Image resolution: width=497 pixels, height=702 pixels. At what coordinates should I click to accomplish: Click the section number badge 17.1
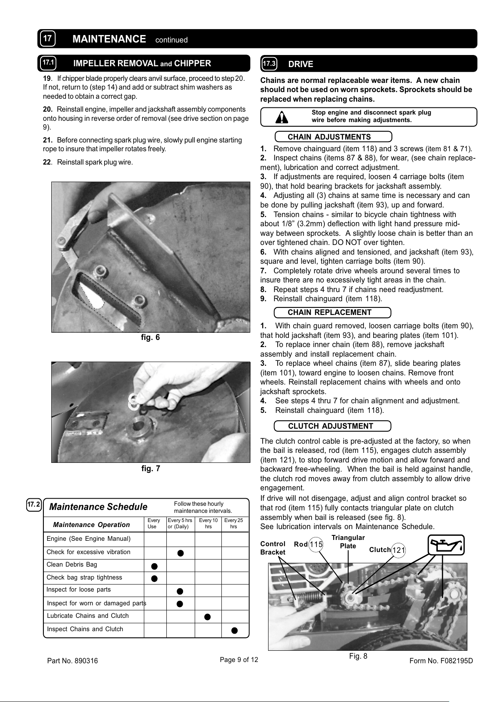[x=48, y=63]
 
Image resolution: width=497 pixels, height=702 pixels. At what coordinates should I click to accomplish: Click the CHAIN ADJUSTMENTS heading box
[x=333, y=137]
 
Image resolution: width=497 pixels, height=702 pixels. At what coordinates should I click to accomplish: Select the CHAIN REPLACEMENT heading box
[x=332, y=312]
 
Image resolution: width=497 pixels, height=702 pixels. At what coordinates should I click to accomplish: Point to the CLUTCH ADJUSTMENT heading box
[x=332, y=426]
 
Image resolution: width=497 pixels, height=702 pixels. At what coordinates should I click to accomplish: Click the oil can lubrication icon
[x=446, y=545]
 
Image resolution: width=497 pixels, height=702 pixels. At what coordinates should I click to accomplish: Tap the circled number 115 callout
[x=316, y=545]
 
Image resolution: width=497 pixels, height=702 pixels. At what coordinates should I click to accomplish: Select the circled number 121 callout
[x=399, y=550]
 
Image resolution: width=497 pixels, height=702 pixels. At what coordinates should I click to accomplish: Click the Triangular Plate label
[x=348, y=542]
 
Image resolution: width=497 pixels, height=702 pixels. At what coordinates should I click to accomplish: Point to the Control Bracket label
[x=273, y=548]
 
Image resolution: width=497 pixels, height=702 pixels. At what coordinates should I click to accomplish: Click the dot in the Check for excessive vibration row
[x=180, y=553]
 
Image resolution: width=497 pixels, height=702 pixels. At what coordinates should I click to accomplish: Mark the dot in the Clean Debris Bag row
[x=154, y=566]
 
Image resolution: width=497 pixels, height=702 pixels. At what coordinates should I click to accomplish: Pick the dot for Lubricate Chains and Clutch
[x=208, y=617]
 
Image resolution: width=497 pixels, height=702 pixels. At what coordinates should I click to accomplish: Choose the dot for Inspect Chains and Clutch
[x=235, y=630]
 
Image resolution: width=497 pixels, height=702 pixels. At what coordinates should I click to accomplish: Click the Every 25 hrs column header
[x=233, y=524]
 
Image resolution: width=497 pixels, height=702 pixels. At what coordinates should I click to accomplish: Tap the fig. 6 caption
[x=151, y=337]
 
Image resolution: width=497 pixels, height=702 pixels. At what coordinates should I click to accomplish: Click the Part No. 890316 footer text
[x=73, y=661]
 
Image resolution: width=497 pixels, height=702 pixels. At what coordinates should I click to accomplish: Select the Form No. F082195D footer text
[x=441, y=661]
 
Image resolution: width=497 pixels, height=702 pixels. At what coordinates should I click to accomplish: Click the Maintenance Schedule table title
[x=98, y=507]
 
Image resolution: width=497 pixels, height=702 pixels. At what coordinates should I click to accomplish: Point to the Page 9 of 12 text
[x=239, y=660]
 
